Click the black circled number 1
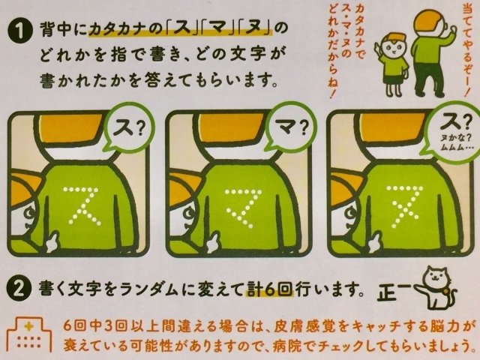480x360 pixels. (19, 31)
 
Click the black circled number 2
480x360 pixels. (19, 289)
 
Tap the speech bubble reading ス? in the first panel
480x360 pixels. (129, 129)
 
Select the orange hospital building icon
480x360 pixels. (29, 335)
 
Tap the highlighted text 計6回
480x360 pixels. (269, 289)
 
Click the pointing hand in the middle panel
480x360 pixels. (212, 241)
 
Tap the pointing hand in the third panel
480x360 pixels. (374, 241)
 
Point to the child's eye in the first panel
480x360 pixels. (30, 213)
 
